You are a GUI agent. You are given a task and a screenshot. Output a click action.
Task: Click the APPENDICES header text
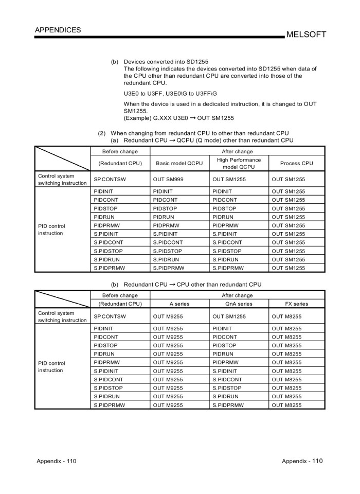point(58,30)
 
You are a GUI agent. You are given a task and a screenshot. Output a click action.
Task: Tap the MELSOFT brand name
point(307,34)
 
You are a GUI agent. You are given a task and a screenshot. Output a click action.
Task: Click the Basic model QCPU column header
point(179,163)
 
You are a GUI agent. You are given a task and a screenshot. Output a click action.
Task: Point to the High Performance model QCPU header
point(239,163)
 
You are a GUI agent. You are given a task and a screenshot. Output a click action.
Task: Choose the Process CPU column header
point(296,163)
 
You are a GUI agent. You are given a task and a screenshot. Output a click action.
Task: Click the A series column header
point(179,304)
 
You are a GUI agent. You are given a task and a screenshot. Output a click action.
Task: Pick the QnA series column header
point(239,304)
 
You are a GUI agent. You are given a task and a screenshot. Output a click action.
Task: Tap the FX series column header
point(296,304)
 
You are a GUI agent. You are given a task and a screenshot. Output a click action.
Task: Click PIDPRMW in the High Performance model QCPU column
point(226,225)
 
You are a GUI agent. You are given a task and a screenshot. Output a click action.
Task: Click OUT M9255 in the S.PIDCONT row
point(168,379)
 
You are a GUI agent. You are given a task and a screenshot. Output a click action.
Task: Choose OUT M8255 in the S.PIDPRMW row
point(286,405)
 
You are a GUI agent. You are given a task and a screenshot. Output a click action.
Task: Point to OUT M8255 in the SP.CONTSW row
point(286,316)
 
